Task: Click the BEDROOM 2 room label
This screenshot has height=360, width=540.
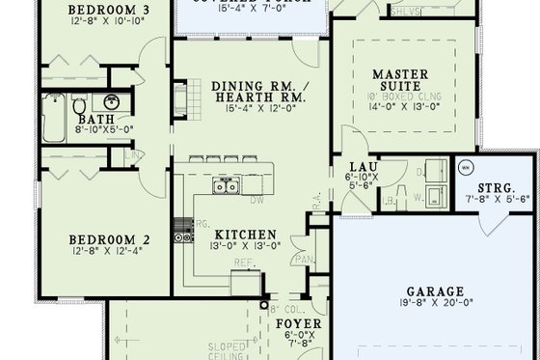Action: [x=107, y=240]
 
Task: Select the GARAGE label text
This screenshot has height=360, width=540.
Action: [x=436, y=291]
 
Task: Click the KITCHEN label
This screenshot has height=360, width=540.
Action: [x=246, y=235]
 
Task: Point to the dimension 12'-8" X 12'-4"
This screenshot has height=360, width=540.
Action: [x=107, y=252]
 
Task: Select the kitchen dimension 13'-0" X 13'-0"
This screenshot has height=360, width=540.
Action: [x=246, y=246]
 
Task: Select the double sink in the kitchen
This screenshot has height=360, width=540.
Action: [x=223, y=188]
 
